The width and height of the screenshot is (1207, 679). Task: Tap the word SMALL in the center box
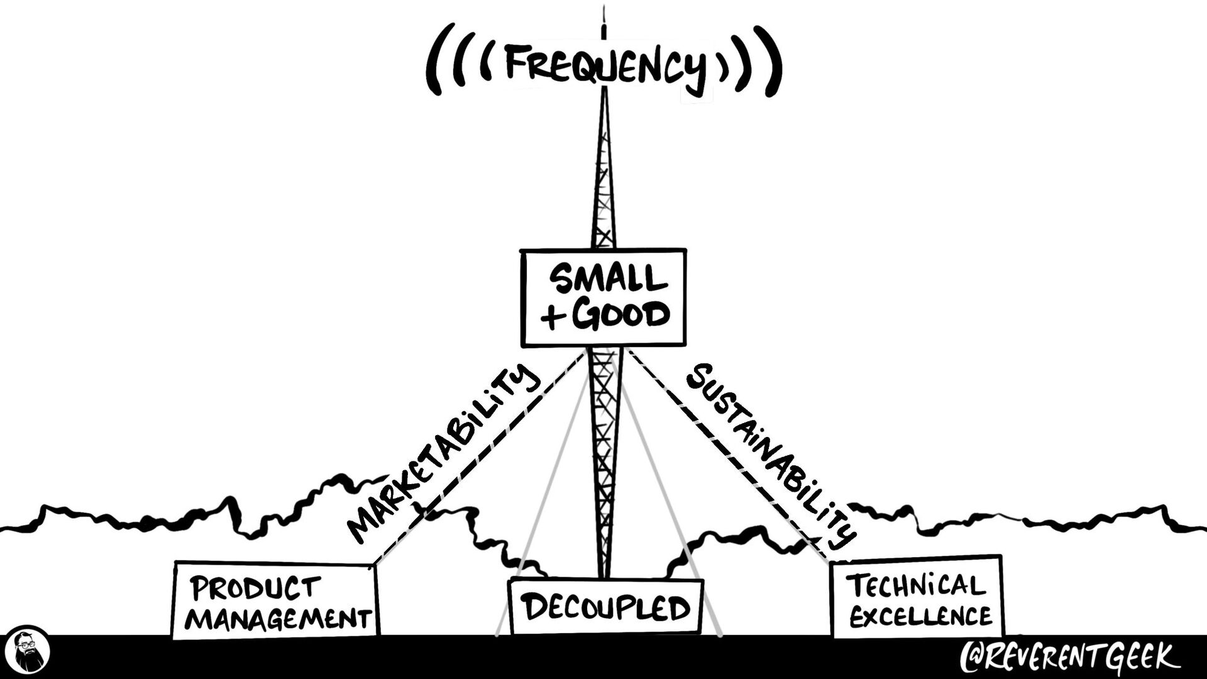(608, 279)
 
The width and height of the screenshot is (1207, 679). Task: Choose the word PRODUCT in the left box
(255, 588)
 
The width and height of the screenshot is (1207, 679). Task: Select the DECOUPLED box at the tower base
(605, 607)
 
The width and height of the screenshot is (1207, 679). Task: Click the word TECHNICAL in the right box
(915, 587)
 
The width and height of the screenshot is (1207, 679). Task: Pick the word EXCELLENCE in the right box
(921, 616)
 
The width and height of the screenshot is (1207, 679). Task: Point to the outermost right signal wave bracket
(773, 61)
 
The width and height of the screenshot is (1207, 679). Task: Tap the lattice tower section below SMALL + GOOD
(604, 462)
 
